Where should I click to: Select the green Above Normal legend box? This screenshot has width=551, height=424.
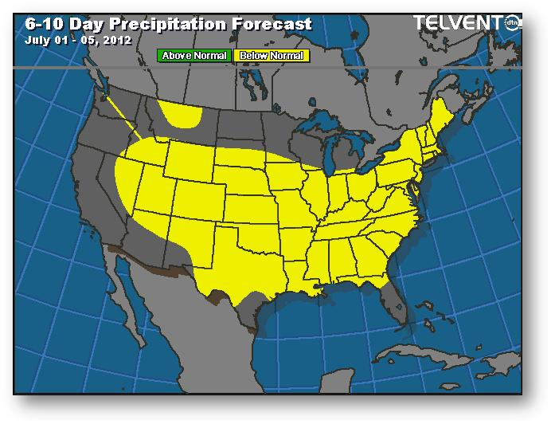[x=194, y=56]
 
